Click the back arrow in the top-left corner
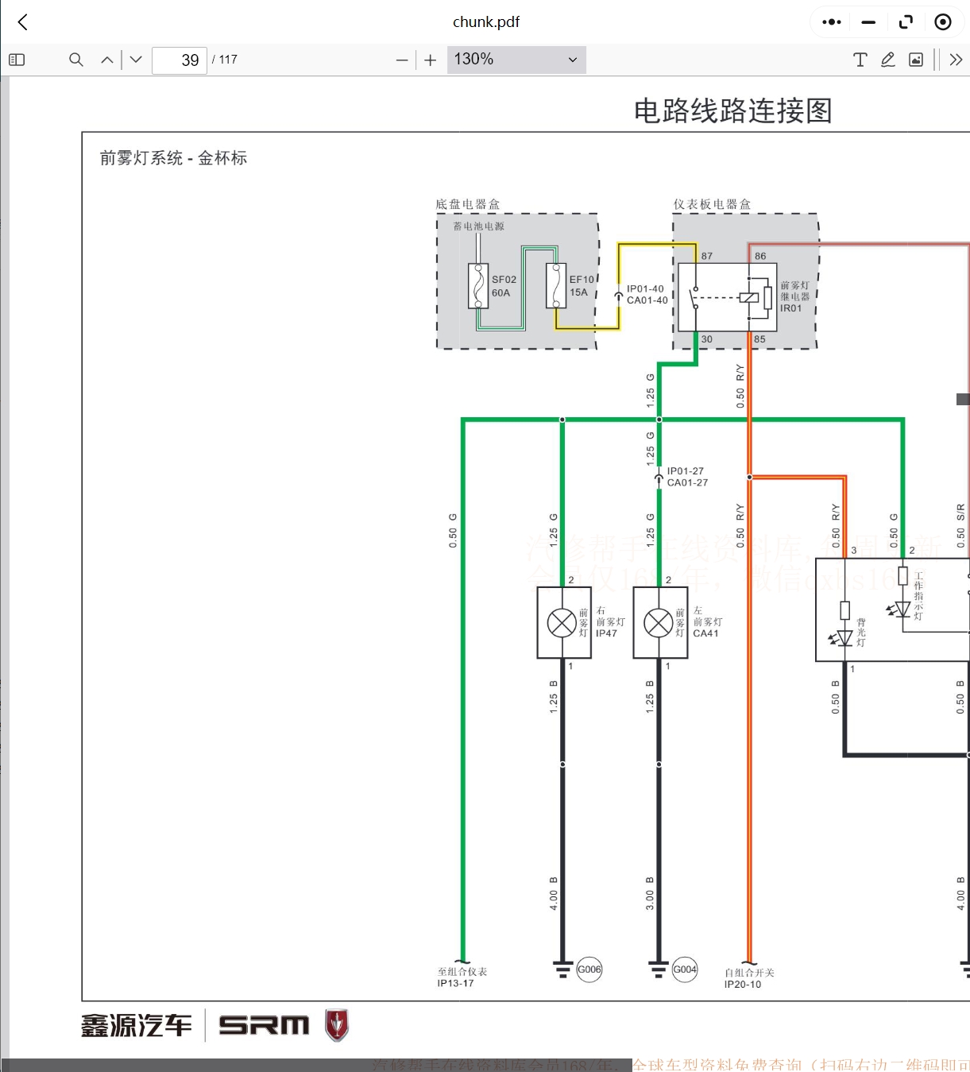pos(23,22)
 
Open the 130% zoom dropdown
pos(516,60)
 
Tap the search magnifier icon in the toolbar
pos(76,60)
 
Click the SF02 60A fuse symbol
pos(478,286)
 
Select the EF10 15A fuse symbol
pos(556,286)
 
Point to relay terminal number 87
pos(706,256)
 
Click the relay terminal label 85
pos(759,339)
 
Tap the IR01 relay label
pos(790,308)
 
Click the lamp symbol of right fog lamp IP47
pos(562,623)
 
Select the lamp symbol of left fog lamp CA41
pos(659,623)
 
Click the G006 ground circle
pos(589,969)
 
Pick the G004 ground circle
pos(685,969)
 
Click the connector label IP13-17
pos(455,984)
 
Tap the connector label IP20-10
pos(743,985)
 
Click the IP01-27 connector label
pos(685,471)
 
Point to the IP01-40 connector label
pos(645,289)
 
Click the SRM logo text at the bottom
pos(264,1025)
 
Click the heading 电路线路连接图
pos(732,110)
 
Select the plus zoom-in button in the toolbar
pos(431,60)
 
